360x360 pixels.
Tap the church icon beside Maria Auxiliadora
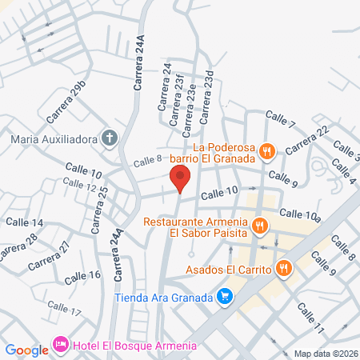click(111, 138)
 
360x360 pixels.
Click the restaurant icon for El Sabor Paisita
click(258, 227)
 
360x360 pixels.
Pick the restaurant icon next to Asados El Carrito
click(283, 269)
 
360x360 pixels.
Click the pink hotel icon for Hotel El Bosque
click(61, 346)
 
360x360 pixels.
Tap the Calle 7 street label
click(281, 119)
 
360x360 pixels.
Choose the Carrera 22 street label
click(306, 141)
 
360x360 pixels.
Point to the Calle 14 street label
click(24, 222)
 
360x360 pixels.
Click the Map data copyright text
click(325, 354)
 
